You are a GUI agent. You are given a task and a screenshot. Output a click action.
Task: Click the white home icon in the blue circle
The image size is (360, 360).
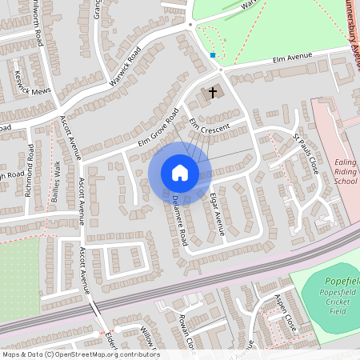click(x=179, y=172)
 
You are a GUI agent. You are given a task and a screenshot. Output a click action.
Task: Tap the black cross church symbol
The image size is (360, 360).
click(x=213, y=92)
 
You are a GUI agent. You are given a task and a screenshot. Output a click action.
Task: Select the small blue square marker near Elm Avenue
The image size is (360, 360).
click(x=213, y=55)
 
